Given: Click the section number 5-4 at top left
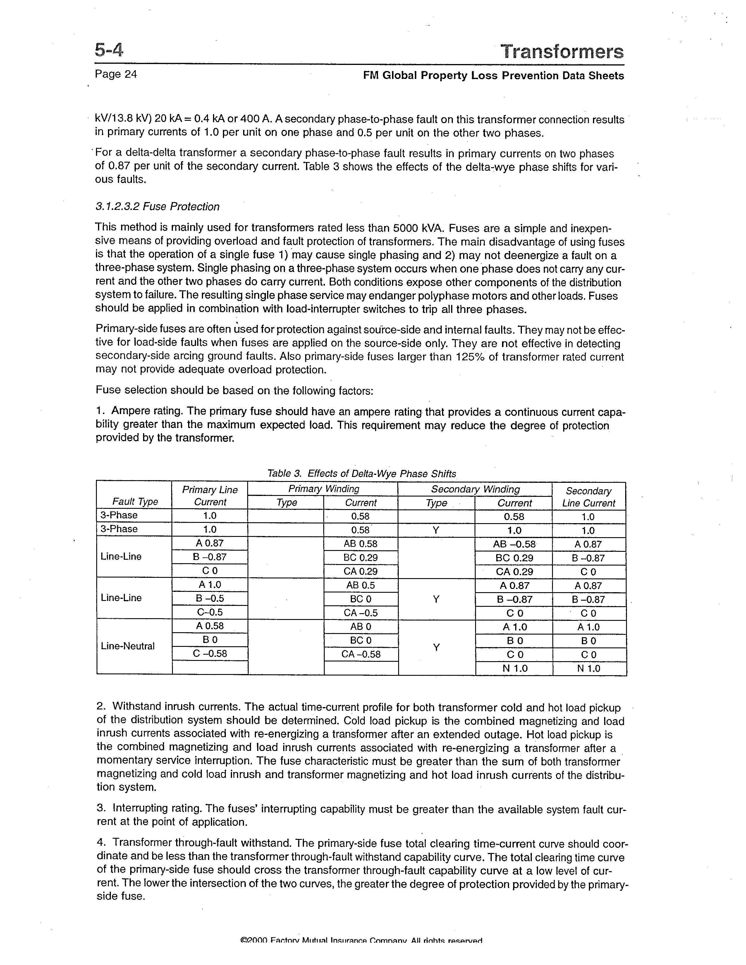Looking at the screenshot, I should point(109,50).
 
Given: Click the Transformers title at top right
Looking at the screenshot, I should point(562,52).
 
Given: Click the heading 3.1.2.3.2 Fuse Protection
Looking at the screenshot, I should point(157,207).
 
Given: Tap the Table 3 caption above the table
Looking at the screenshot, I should point(362,474).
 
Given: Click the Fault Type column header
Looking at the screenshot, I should point(135,502).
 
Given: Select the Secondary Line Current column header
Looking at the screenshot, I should point(588,497).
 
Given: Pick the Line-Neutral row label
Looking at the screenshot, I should point(127,646).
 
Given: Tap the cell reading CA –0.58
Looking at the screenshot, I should point(361,654).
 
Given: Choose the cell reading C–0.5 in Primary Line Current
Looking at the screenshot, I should point(210,612).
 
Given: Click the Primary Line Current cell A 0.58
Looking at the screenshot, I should point(210,626).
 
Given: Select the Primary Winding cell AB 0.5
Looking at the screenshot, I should point(361,585).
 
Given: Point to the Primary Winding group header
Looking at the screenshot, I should point(324,489).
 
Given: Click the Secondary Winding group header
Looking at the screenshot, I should point(475,489).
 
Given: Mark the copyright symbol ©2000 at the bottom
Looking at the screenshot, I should point(254,953).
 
